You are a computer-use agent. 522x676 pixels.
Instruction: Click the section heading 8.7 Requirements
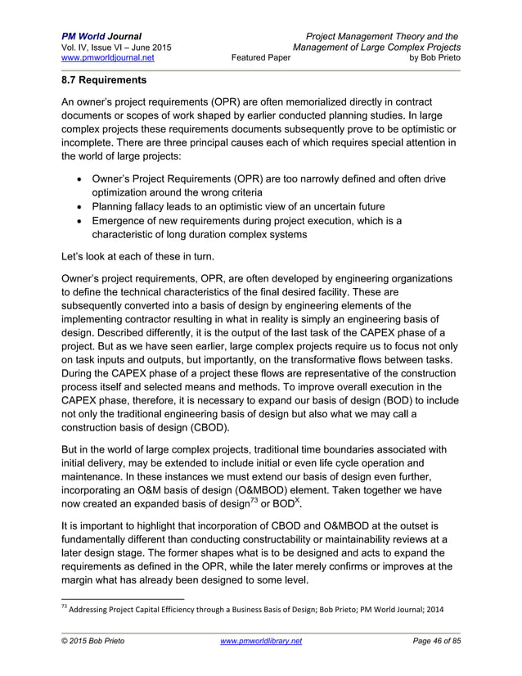104,82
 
